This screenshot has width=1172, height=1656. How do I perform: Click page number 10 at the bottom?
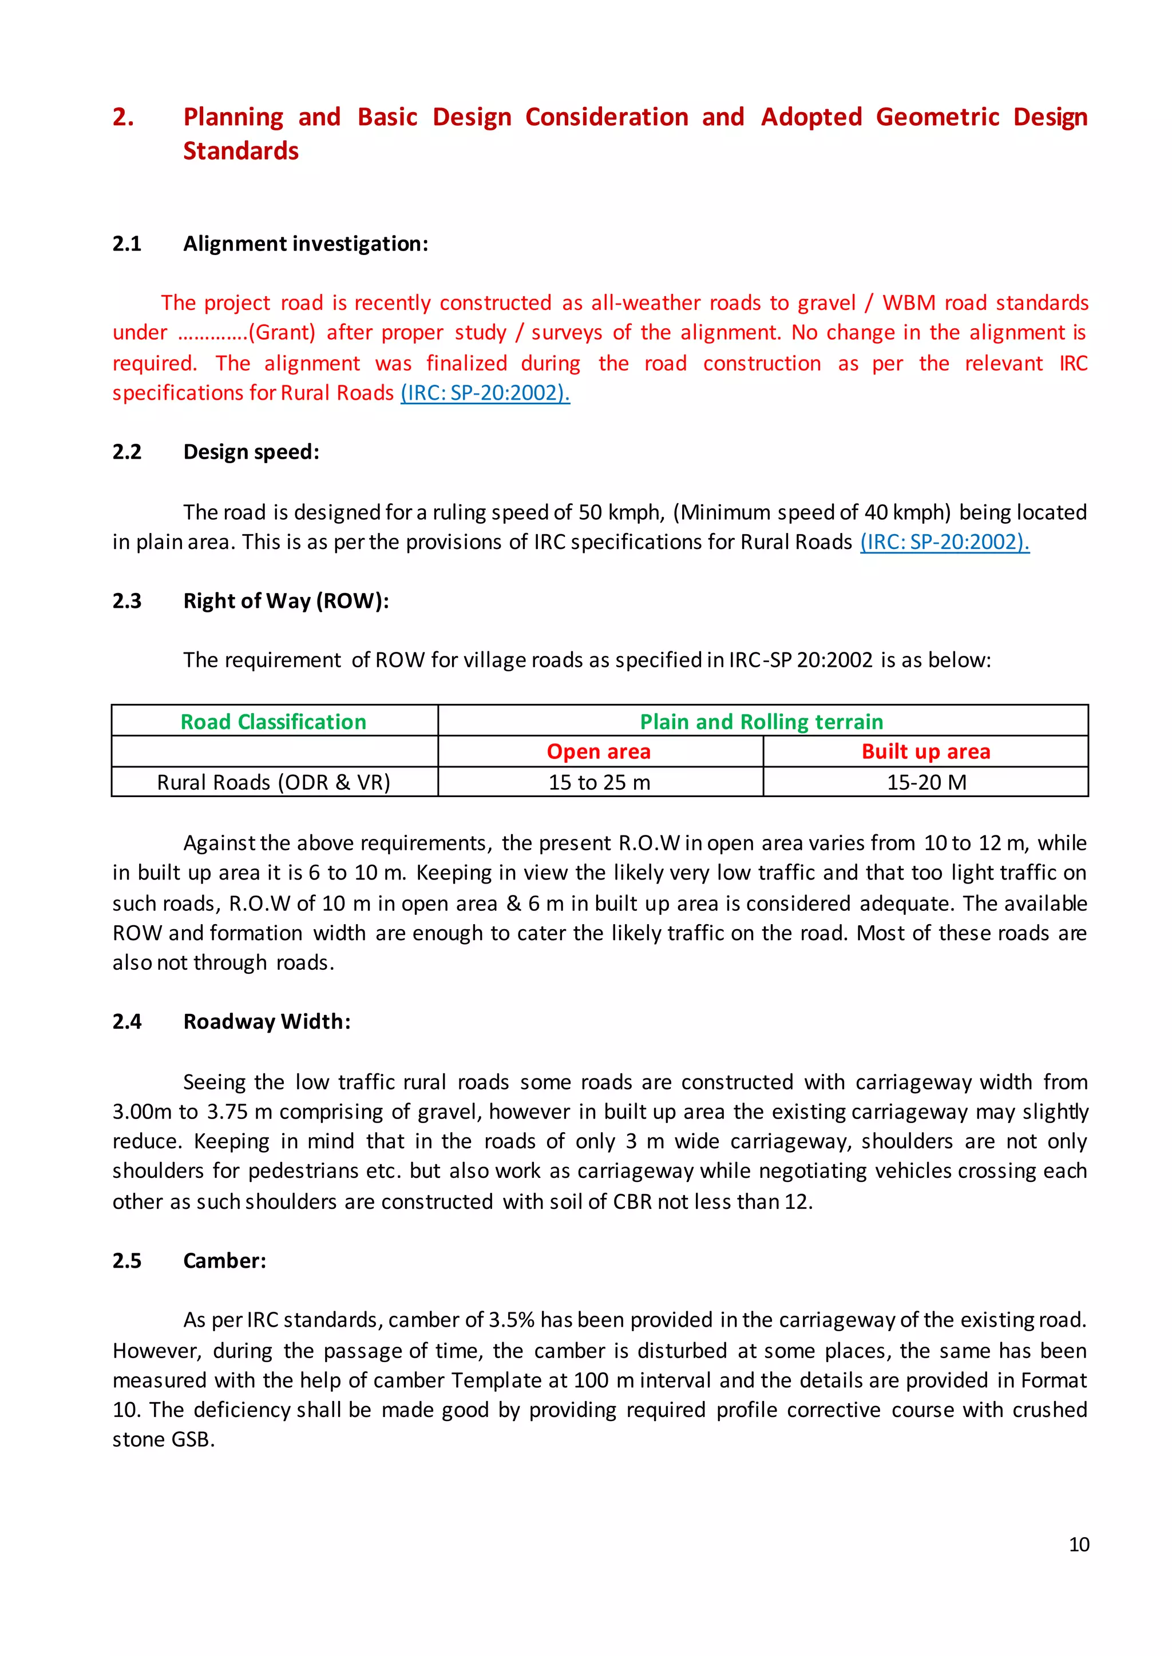[x=1079, y=1544]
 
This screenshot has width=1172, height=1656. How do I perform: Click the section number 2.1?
[x=127, y=244]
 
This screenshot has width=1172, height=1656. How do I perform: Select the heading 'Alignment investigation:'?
[x=305, y=244]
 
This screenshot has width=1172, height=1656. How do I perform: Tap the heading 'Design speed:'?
[x=251, y=452]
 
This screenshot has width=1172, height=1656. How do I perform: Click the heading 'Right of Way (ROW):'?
[x=286, y=601]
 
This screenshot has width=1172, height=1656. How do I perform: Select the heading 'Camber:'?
[x=224, y=1261]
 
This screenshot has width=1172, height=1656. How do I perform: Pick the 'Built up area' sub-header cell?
[x=925, y=751]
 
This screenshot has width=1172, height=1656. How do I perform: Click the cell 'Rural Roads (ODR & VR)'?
[x=274, y=783]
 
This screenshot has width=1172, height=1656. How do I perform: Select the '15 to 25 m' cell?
[x=599, y=783]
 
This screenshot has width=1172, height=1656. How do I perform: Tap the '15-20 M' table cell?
[x=926, y=783]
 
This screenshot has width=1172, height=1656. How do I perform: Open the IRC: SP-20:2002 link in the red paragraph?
[x=485, y=393]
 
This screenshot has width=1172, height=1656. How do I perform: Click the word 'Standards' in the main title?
[x=240, y=151]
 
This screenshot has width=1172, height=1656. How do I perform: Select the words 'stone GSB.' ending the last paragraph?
[x=164, y=1440]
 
